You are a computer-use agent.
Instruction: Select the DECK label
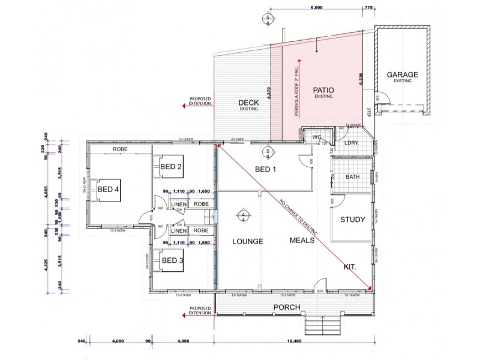tap(248, 103)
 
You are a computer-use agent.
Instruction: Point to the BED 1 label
tap(265, 169)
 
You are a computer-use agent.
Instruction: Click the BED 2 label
tap(171, 166)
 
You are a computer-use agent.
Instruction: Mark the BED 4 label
tap(109, 189)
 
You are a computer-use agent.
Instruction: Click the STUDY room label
tap(352, 219)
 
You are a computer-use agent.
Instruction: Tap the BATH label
tap(353, 177)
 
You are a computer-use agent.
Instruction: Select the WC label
tap(317, 137)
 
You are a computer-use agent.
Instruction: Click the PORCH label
tap(287, 307)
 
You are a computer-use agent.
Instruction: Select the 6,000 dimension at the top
tap(316, 8)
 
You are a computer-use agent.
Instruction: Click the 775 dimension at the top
tap(368, 8)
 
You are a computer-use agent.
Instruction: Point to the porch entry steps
tap(322, 327)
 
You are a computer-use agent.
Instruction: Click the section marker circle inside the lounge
tap(244, 216)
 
